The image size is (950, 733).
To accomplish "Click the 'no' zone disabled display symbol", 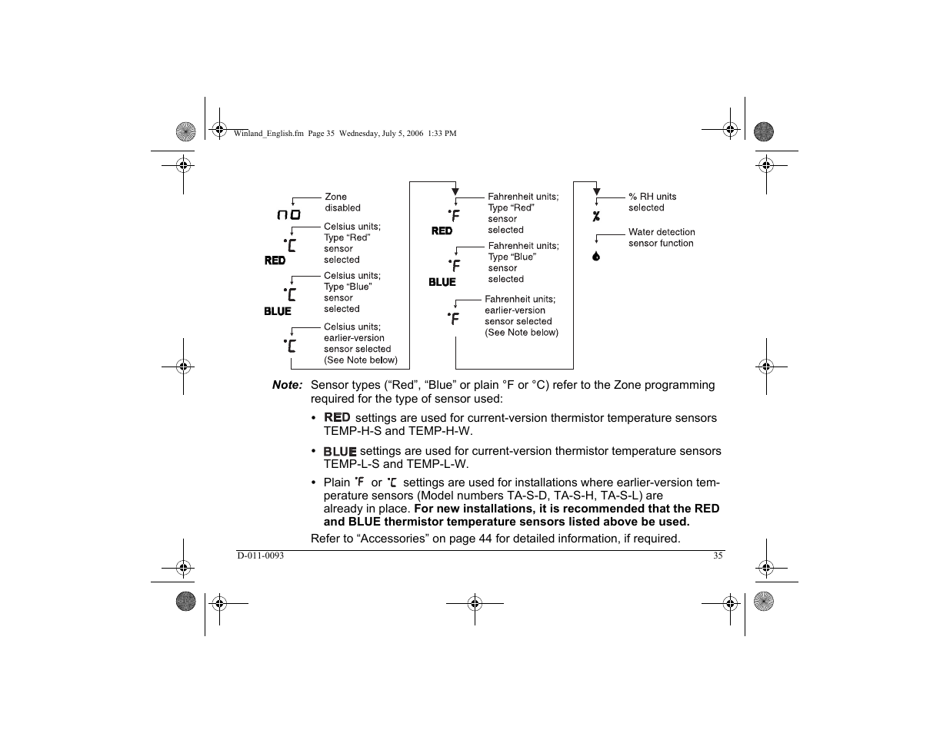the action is [288, 215].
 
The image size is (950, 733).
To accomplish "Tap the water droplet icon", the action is [596, 256].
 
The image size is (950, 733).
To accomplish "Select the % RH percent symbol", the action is [596, 217].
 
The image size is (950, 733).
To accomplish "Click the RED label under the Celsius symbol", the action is [275, 260].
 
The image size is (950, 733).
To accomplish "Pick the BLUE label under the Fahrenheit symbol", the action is [442, 282].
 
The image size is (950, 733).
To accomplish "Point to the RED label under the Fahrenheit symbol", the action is [442, 231].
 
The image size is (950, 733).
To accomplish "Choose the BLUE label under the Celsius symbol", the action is [278, 311].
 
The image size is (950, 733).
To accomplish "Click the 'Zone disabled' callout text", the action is [342, 202].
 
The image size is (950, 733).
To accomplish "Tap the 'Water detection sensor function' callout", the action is [661, 237].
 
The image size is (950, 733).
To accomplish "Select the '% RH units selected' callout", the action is [652, 202].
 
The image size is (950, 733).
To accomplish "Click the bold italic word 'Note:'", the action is [287, 385].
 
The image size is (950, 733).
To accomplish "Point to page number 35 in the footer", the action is [718, 556].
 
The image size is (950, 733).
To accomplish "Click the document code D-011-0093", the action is [260, 556].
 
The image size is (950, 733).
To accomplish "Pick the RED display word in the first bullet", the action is [337, 417].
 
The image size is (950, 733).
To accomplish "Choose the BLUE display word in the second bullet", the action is [339, 451].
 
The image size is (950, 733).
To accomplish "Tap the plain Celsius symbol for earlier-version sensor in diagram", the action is [290, 345].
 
